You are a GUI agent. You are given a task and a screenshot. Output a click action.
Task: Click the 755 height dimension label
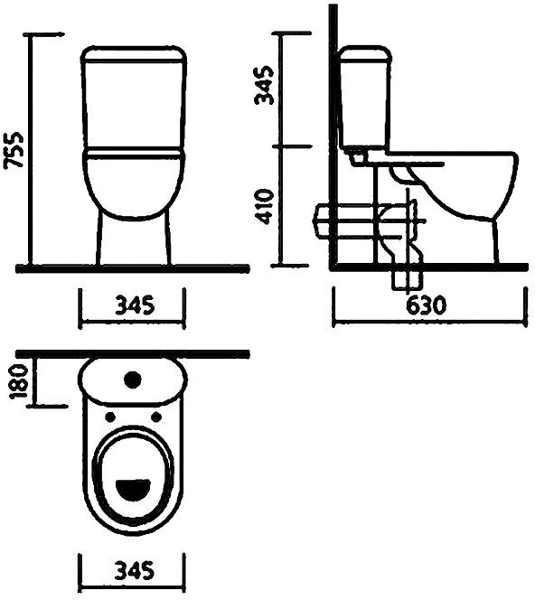click(x=14, y=150)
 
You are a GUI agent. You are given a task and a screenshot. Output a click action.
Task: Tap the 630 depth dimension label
click(x=426, y=305)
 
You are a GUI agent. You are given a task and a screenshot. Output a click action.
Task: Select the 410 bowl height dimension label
click(x=265, y=206)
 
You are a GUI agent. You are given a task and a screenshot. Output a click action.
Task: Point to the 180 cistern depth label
click(x=19, y=382)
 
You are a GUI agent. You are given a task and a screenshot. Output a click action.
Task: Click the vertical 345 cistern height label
click(x=265, y=85)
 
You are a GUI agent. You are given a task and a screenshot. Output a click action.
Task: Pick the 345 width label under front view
click(x=135, y=305)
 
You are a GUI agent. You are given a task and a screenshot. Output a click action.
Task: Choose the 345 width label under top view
click(x=135, y=570)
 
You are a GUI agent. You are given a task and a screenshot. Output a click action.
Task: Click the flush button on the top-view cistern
click(x=133, y=380)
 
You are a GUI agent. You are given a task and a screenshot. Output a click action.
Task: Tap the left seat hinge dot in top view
click(x=110, y=417)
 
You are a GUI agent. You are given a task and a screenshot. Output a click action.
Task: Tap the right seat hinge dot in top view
click(x=156, y=417)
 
